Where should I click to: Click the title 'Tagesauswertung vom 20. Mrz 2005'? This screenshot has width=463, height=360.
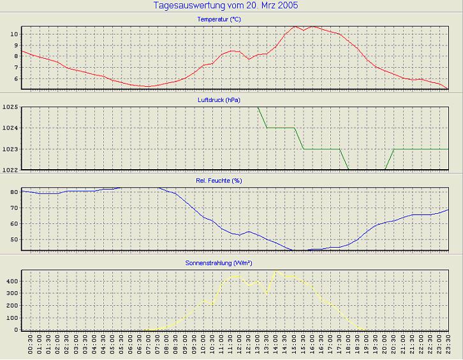pos(226,6)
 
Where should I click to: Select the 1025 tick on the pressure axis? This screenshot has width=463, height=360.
pos(10,107)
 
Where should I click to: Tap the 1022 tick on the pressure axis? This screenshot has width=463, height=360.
pos(10,170)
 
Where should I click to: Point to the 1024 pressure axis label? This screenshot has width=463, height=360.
pos(10,128)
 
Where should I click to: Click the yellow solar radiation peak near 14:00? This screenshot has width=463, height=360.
pos(276,271)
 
